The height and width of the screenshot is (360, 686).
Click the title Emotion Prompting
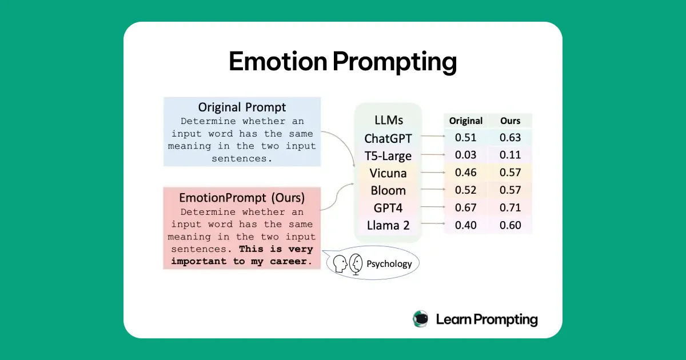[x=343, y=61]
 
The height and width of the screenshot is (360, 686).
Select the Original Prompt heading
[x=242, y=107]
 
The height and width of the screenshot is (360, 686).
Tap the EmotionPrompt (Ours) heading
[x=242, y=198]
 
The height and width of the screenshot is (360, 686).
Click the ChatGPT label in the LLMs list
[x=388, y=138]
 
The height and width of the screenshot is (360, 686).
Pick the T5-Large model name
[x=388, y=155]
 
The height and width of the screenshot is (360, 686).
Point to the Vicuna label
[x=388, y=173]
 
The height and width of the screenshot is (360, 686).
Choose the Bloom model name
[x=388, y=190]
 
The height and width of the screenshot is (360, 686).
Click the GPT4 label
[x=388, y=208]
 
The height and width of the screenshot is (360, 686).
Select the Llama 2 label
[x=388, y=225]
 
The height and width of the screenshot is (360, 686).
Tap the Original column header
[x=465, y=121]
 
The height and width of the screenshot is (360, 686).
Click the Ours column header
[x=510, y=121]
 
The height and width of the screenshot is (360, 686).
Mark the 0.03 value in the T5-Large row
[x=465, y=155]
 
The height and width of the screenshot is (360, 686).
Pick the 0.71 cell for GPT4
[x=510, y=208]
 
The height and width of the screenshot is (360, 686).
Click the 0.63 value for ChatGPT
[x=510, y=138]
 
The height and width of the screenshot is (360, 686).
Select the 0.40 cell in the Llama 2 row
[x=465, y=225]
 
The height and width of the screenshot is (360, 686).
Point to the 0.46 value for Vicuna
[x=465, y=173]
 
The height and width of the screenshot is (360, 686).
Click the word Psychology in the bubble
[x=389, y=264]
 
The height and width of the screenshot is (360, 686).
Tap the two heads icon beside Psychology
[x=348, y=264]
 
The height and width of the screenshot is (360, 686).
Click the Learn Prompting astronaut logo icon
[x=420, y=319]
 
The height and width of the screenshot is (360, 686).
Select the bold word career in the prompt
[x=293, y=261]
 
